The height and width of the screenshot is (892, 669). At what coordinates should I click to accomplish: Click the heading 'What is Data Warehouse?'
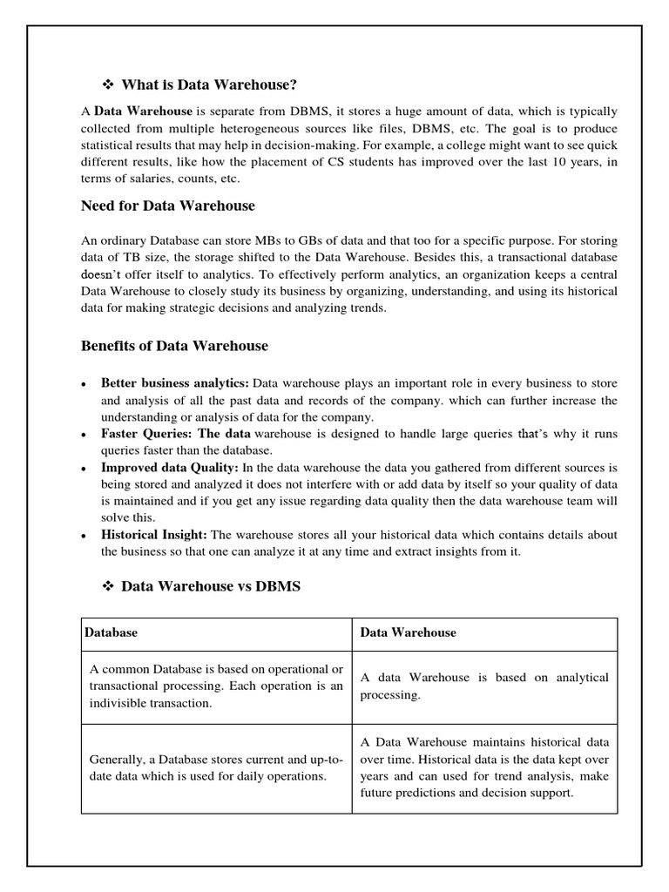point(209,84)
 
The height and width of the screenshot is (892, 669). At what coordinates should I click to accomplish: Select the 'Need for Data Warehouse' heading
point(168,206)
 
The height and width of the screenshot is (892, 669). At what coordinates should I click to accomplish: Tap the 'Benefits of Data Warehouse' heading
point(174,346)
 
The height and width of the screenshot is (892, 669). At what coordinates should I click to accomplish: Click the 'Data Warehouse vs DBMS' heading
point(211,586)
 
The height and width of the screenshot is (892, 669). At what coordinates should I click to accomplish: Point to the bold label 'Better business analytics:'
point(175,382)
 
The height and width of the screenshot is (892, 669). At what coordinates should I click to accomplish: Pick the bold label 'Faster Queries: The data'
point(176,433)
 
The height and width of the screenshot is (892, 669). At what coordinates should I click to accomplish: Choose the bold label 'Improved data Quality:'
point(169,467)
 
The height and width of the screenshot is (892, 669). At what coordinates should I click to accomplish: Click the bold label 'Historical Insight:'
point(153,534)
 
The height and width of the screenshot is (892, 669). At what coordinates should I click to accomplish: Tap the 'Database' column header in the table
point(111,633)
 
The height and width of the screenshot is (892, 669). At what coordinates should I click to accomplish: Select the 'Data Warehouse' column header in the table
point(408,633)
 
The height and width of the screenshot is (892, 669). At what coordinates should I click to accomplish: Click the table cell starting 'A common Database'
point(216,686)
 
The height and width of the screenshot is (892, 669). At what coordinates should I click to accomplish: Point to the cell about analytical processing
point(484,686)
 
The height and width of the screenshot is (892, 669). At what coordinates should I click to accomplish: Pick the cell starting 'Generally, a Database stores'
point(216,767)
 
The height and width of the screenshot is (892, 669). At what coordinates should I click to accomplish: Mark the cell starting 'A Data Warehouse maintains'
point(484,767)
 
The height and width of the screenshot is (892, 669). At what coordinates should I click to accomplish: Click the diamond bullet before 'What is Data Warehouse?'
point(109,84)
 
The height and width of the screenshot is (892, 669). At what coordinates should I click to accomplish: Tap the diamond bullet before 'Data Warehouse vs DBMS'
point(109,586)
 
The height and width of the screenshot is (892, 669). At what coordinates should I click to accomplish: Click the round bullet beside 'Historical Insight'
point(82,535)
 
